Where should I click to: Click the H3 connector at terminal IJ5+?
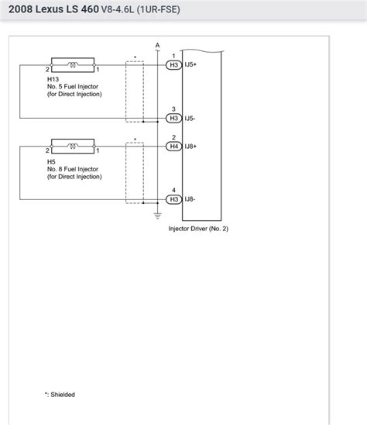click(174, 65)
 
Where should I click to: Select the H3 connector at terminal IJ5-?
click(174, 118)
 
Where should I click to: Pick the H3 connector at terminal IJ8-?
click(174, 199)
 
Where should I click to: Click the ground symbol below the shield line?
click(158, 213)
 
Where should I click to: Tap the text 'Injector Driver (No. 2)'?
click(198, 229)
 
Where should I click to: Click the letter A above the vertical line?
click(158, 45)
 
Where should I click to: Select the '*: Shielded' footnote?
click(60, 394)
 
